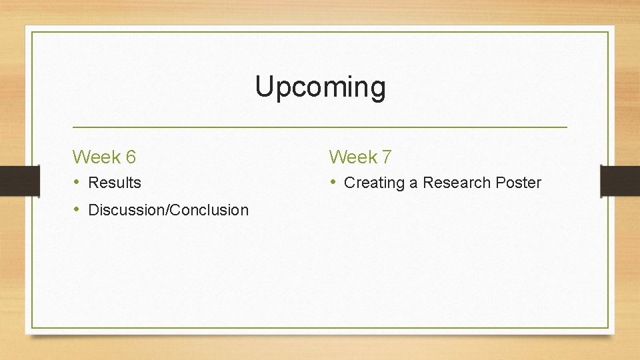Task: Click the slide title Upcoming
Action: pos(320,87)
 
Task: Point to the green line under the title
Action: pos(320,127)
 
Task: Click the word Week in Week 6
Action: pos(96,157)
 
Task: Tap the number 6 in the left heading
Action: pos(131,157)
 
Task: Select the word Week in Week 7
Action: pos(353,157)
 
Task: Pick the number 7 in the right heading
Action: pos(387,157)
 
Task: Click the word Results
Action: pos(115,183)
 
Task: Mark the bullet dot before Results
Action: pos(77,183)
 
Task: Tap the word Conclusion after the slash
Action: pos(210,210)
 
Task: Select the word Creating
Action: pos(374,183)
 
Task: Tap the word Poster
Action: pos(519,183)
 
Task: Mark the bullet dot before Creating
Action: pos(333,183)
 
